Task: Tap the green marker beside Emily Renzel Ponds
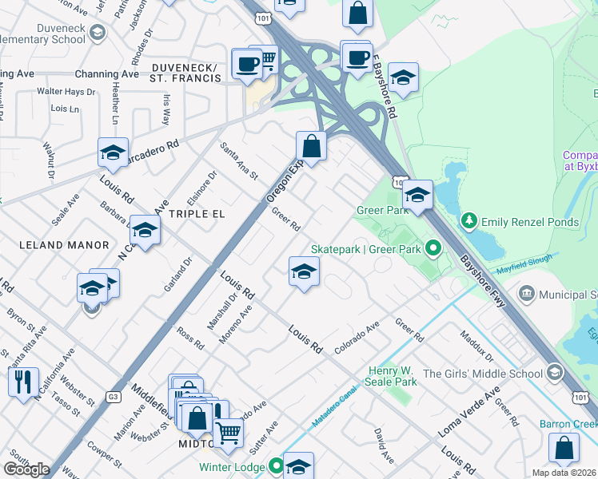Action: [469, 220]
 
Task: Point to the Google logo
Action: [26, 469]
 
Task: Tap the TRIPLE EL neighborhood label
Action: [197, 214]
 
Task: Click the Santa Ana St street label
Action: [240, 160]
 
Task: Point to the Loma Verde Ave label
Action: [468, 412]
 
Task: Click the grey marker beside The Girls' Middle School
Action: [553, 373]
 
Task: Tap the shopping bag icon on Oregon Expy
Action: [310, 147]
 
